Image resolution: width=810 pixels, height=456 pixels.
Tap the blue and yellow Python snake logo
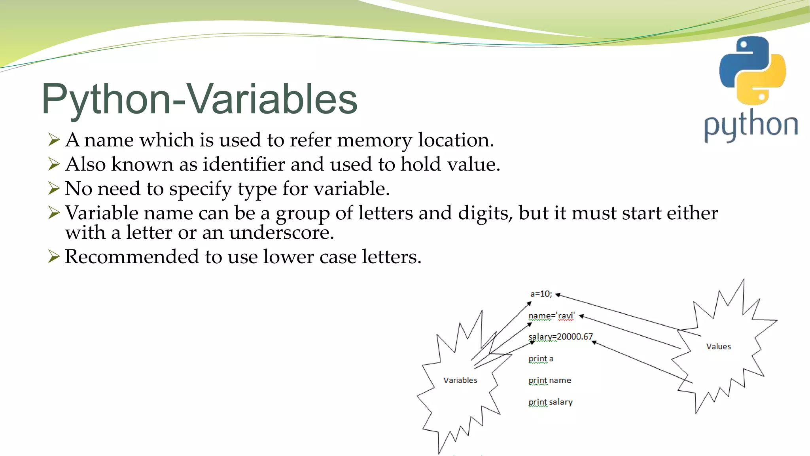click(x=752, y=70)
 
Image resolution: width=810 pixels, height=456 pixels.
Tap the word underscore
click(x=281, y=232)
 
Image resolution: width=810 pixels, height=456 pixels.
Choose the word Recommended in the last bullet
click(x=132, y=256)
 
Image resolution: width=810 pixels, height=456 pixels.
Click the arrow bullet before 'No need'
click(x=54, y=188)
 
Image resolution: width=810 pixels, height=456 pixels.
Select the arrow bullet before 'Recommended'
click(x=54, y=256)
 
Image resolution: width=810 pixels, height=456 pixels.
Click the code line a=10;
click(x=541, y=294)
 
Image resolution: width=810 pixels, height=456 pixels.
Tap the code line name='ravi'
click(x=551, y=316)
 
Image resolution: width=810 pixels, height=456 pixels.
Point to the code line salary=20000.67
click(x=560, y=337)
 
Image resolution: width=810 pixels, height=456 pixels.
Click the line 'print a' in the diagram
click(x=541, y=359)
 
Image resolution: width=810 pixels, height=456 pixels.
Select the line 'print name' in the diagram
click(x=549, y=380)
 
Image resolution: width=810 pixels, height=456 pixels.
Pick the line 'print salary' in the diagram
click(x=550, y=402)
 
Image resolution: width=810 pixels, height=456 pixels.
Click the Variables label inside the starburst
click(x=460, y=380)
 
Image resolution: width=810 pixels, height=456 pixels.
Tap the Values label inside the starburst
click(x=718, y=347)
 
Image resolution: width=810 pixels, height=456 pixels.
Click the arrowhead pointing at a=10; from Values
click(x=558, y=295)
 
